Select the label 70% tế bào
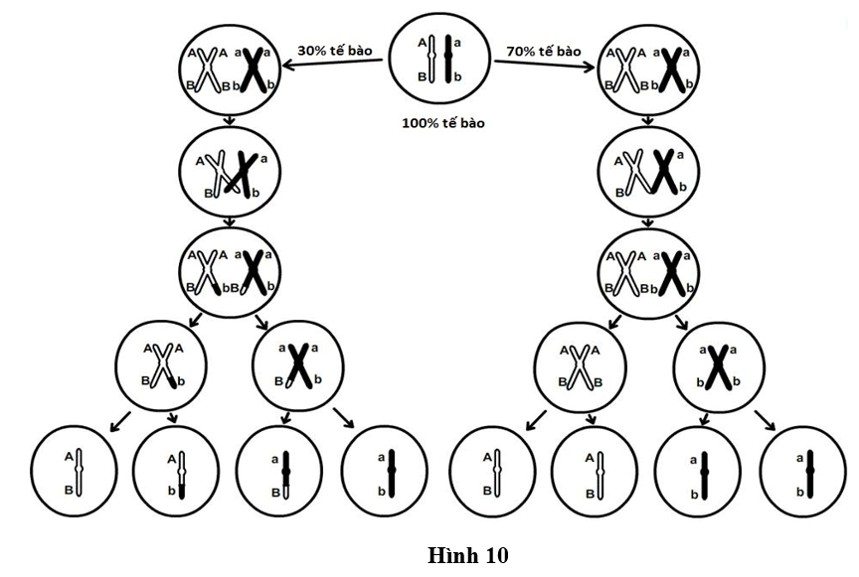(543, 51)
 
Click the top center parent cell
(438, 61)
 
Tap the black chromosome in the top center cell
(449, 59)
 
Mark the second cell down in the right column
(648, 171)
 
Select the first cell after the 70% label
(648, 72)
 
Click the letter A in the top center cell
(422, 43)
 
